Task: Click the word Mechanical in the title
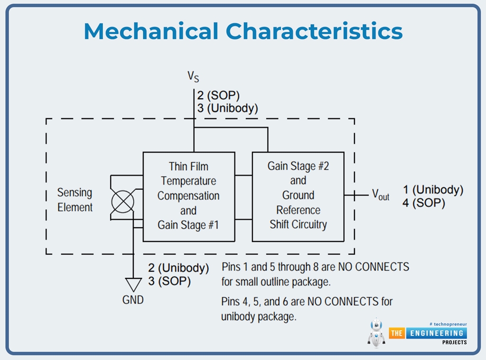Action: [x=151, y=31]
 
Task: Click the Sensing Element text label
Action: [x=75, y=200]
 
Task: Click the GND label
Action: [x=133, y=300]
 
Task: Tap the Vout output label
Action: [x=380, y=194]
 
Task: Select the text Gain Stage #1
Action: [x=188, y=225]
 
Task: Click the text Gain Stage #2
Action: [x=298, y=166]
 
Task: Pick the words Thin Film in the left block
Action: [x=188, y=166]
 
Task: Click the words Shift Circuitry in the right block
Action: [x=298, y=224]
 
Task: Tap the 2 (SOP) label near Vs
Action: [x=218, y=95]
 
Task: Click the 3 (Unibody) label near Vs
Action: [x=227, y=108]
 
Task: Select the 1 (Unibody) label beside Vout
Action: [x=433, y=190]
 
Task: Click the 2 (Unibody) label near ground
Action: [x=178, y=268]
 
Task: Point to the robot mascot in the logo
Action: [x=376, y=332]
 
